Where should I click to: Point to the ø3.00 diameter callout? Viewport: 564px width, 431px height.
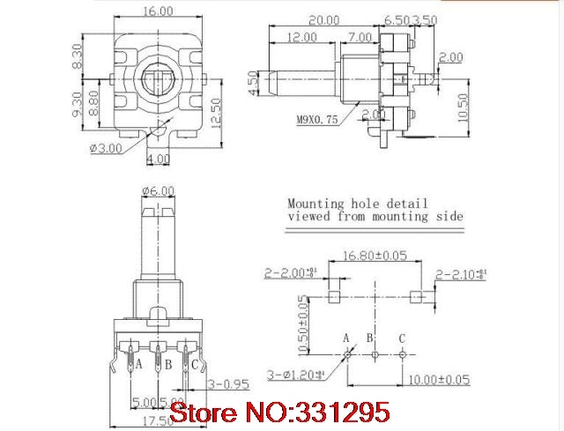click(x=106, y=148)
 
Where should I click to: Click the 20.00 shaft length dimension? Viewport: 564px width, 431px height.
click(x=323, y=19)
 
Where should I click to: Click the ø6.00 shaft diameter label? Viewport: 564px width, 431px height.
click(x=158, y=189)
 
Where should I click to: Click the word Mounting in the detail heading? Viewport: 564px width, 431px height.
click(x=320, y=201)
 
